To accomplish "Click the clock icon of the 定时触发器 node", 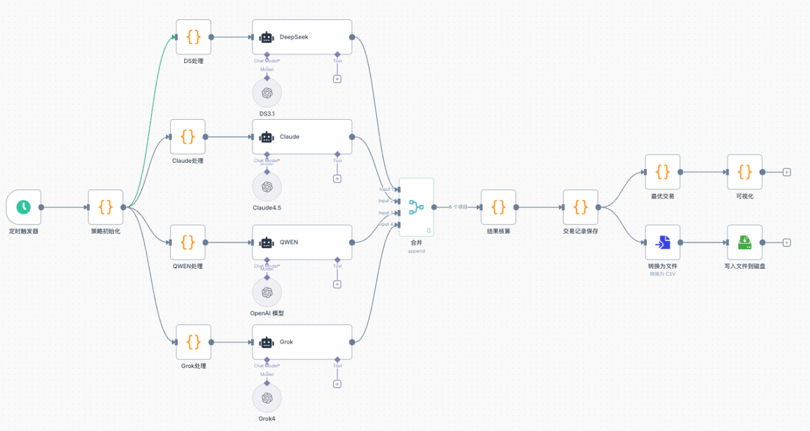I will [x=23, y=206].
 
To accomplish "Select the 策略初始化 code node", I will [x=105, y=206].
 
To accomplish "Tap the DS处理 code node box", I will [x=193, y=37].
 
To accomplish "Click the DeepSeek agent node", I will [x=302, y=37].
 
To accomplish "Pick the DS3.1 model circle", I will [x=267, y=93].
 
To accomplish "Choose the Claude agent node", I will [x=302, y=137].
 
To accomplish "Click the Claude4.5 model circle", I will [x=267, y=186].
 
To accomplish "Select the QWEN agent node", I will [x=302, y=242].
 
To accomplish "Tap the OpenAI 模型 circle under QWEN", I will [x=267, y=292].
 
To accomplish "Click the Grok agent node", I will [x=302, y=342].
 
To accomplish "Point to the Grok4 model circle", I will [x=267, y=398].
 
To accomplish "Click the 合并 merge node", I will [x=416, y=207].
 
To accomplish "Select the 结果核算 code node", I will [x=498, y=206].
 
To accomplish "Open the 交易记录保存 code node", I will [x=580, y=206].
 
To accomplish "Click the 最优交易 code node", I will [x=662, y=172].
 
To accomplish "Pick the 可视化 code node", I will [x=745, y=172].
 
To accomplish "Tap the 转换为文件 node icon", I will [x=662, y=242].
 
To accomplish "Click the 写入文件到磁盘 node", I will [x=745, y=242].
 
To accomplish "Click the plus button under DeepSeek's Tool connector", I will [x=337, y=79].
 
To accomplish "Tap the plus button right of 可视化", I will [x=786, y=172].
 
